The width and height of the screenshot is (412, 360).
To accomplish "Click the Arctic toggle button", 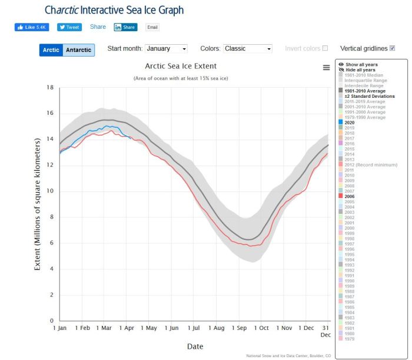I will (x=51, y=50).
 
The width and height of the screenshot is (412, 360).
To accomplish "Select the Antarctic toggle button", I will (x=78, y=50).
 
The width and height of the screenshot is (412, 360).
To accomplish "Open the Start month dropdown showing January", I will (x=166, y=49).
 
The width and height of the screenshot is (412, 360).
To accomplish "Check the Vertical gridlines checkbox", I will (x=393, y=48).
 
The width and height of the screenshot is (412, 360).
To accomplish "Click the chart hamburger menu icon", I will (x=326, y=68).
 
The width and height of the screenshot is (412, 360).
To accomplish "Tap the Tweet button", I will (x=69, y=27).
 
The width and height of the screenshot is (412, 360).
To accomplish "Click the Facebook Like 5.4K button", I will (x=32, y=27).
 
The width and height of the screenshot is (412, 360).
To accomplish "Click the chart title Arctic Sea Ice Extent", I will (x=181, y=66).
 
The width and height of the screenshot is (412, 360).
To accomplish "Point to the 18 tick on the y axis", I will (x=50, y=87).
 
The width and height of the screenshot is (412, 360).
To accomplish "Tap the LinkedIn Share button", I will (x=125, y=27).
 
